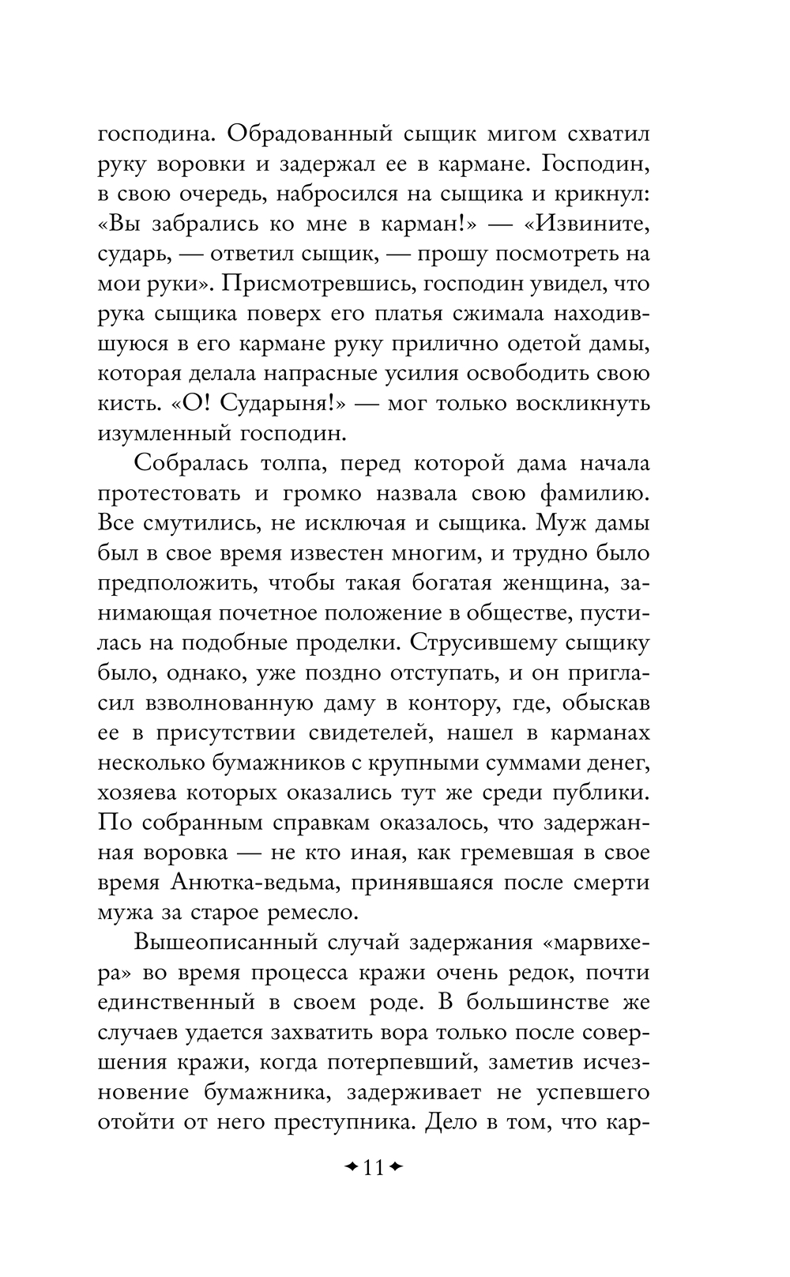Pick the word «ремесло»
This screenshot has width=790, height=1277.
click(x=309, y=913)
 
